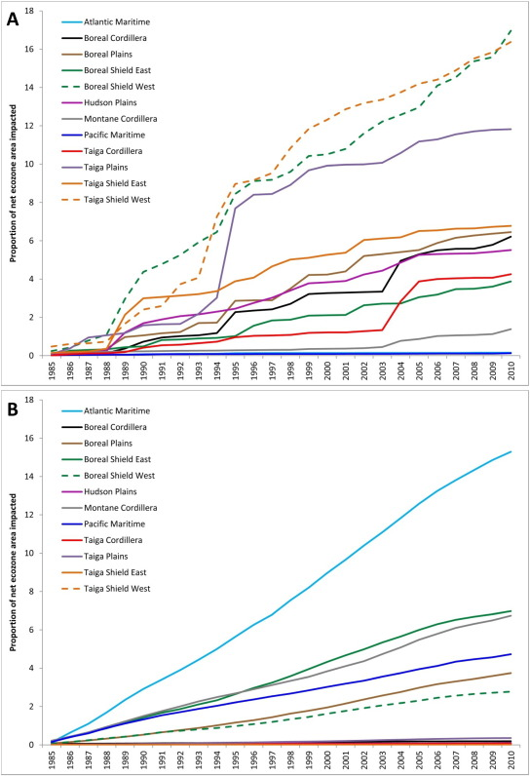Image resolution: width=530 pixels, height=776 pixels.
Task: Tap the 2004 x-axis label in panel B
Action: point(401,758)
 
